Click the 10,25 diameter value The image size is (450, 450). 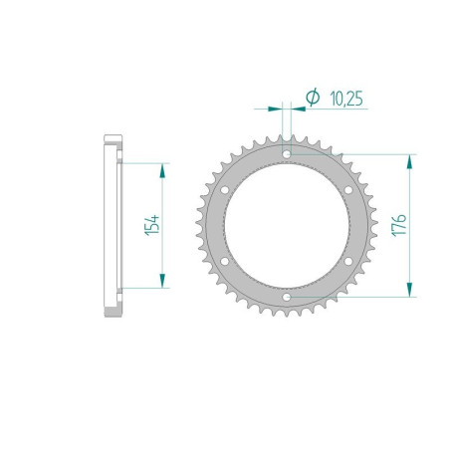346,99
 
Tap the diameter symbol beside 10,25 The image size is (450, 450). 313,98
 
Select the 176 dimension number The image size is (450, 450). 399,225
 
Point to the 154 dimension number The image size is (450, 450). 152,225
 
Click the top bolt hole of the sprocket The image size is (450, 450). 287,154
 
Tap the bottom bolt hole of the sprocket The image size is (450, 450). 287,297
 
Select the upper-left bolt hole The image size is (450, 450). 225,190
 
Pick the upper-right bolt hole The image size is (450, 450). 348,190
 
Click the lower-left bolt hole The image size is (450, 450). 225,261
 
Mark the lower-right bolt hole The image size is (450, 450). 348,261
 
